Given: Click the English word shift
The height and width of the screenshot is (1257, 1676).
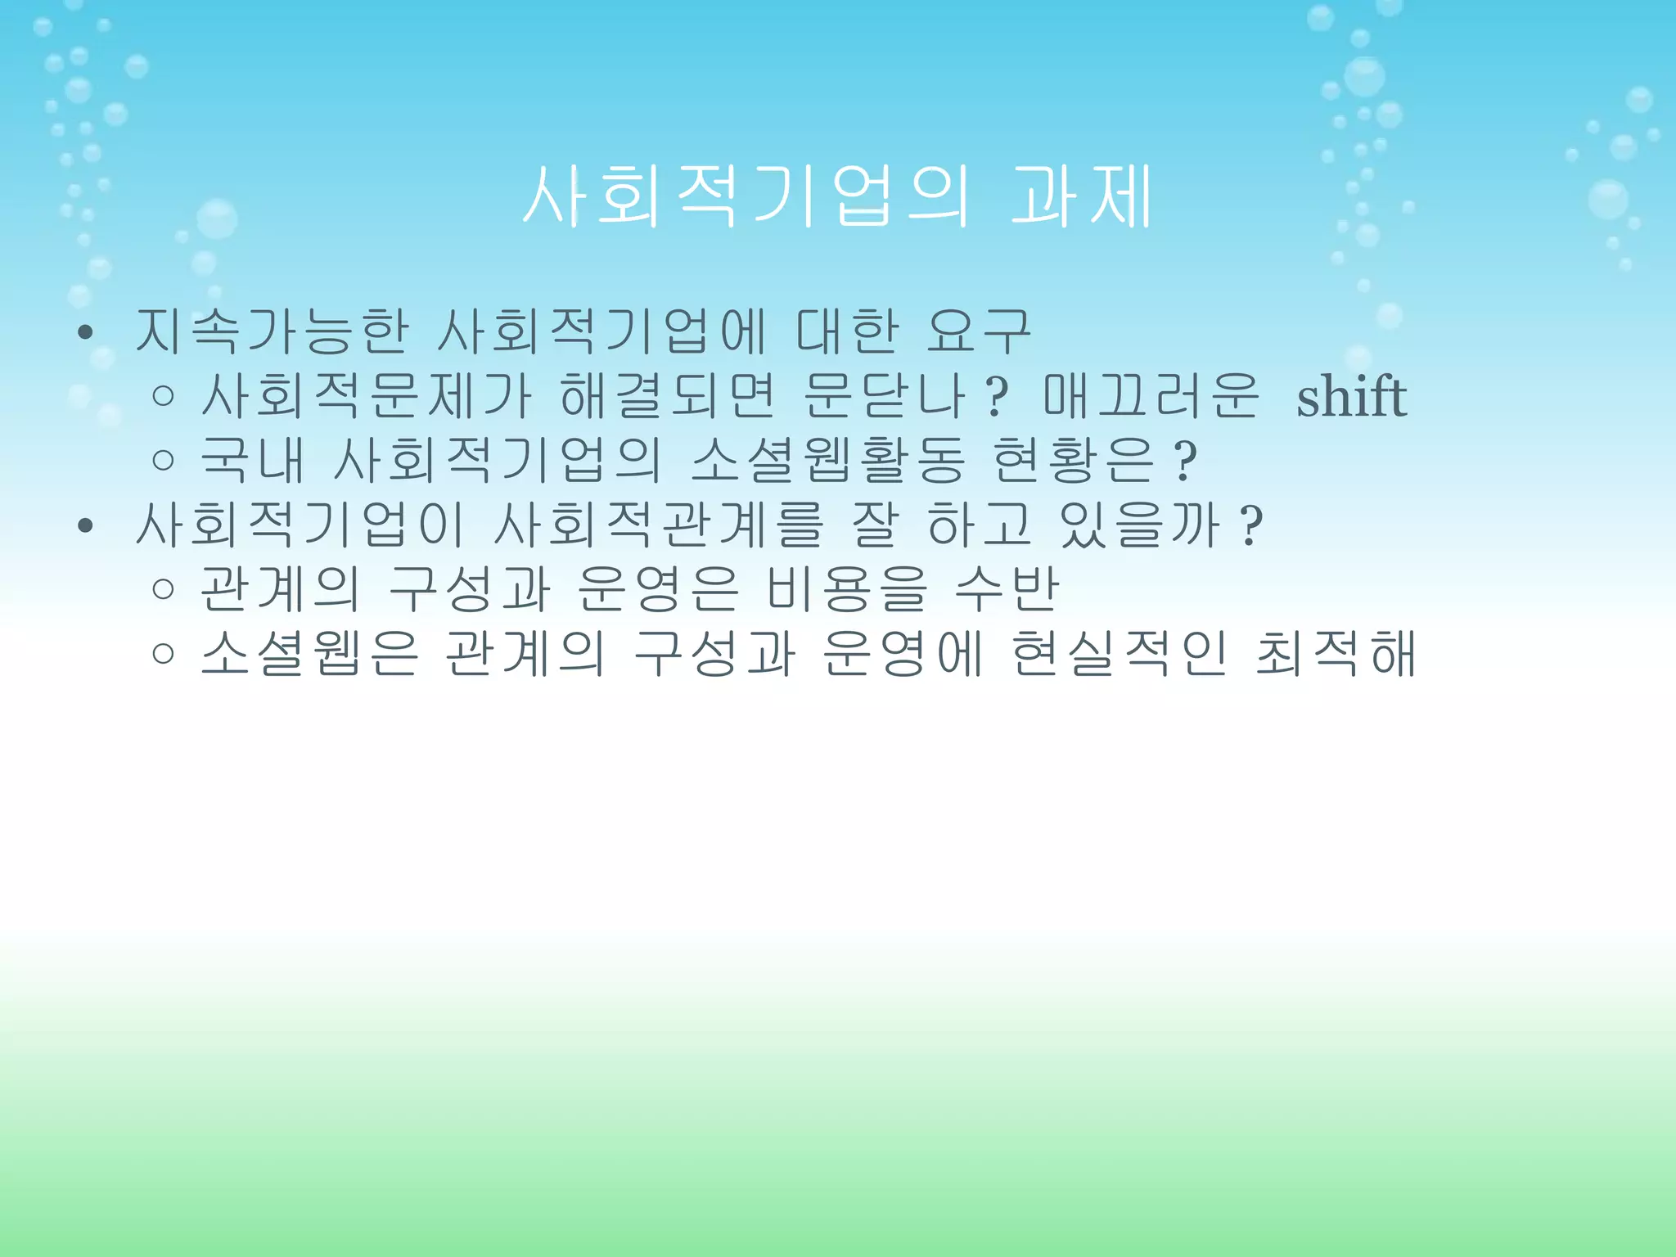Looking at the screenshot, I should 1351,397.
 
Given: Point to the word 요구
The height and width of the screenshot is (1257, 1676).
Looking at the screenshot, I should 978,331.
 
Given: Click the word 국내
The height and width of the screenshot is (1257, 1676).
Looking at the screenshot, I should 252,460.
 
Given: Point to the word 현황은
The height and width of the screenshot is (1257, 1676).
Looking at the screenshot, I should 1072,460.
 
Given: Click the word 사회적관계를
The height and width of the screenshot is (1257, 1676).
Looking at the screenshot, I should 659,525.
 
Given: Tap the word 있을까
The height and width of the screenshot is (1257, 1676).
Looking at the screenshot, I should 1139,525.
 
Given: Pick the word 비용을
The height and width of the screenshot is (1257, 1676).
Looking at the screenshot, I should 847,589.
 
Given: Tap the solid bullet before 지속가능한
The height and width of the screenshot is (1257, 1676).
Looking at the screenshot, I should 84,333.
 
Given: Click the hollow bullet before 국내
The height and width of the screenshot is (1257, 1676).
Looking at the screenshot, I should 164,461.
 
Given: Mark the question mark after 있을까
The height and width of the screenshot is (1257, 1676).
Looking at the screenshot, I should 1251,526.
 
